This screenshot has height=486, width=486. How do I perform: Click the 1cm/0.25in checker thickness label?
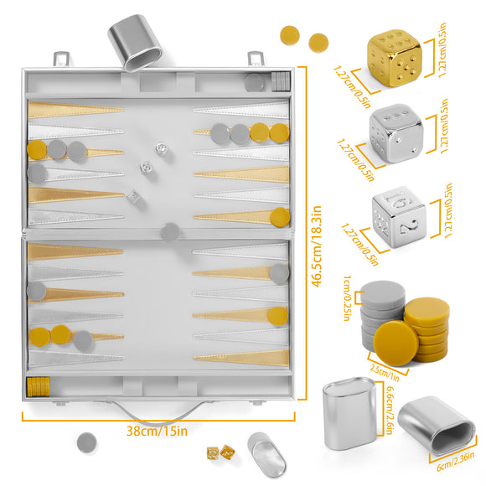click(x=350, y=290)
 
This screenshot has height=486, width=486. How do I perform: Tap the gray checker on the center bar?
click(x=170, y=230)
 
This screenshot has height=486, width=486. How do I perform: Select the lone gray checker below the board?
click(x=85, y=442)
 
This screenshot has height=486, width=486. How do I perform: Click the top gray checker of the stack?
click(x=384, y=297)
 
